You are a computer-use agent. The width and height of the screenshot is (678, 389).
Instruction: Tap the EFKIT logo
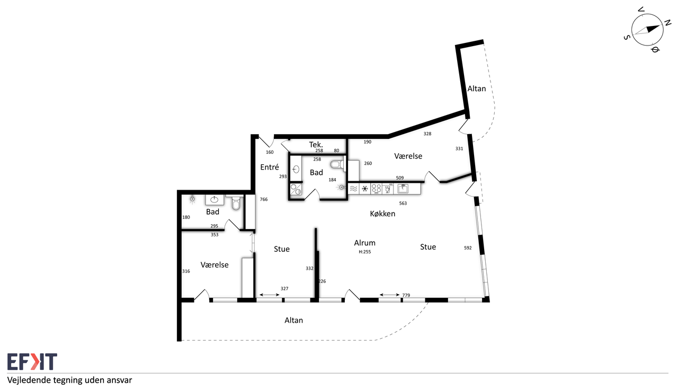(32, 361)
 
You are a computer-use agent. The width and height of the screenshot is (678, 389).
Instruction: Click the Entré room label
(270, 167)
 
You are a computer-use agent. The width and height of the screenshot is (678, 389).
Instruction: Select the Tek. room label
(316, 145)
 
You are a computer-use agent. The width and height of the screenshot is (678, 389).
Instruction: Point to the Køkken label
(382, 214)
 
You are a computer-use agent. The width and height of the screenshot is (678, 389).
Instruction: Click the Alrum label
(365, 243)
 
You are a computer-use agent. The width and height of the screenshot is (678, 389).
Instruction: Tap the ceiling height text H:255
(365, 252)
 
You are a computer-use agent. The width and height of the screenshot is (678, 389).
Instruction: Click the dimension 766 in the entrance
(264, 199)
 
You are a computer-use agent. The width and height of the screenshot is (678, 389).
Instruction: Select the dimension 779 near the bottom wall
(406, 295)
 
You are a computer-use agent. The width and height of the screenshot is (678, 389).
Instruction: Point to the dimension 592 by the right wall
(468, 248)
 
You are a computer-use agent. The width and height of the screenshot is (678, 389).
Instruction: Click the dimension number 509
(399, 178)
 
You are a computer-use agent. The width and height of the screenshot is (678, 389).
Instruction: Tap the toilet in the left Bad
(236, 202)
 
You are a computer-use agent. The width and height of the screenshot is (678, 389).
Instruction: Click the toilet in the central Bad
(338, 164)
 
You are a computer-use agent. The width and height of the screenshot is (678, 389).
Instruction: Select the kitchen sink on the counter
(403, 189)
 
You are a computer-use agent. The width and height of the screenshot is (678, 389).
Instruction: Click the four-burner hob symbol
(376, 189)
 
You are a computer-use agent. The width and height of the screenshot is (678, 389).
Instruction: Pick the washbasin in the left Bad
(215, 200)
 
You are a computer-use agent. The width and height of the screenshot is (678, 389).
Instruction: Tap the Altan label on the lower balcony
(293, 320)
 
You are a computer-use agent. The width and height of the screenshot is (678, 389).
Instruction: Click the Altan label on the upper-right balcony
(476, 89)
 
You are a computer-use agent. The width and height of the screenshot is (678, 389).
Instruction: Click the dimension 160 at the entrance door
(270, 153)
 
